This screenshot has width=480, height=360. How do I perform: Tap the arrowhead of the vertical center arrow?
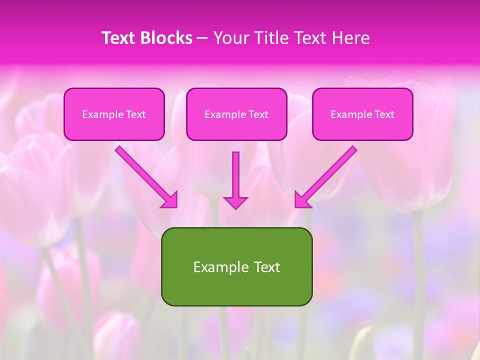point(235,202)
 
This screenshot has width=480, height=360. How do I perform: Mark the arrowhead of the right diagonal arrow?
point(301,200)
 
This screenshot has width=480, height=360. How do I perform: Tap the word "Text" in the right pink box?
point(384,114)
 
